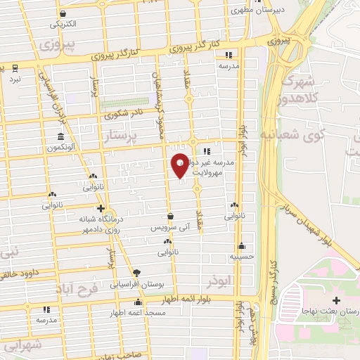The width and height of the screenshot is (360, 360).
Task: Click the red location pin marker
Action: (180, 165)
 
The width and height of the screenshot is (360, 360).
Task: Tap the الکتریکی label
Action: (63, 24)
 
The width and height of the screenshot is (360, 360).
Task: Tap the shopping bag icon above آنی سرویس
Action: (171, 217)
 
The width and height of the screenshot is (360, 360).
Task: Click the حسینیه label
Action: (242, 257)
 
